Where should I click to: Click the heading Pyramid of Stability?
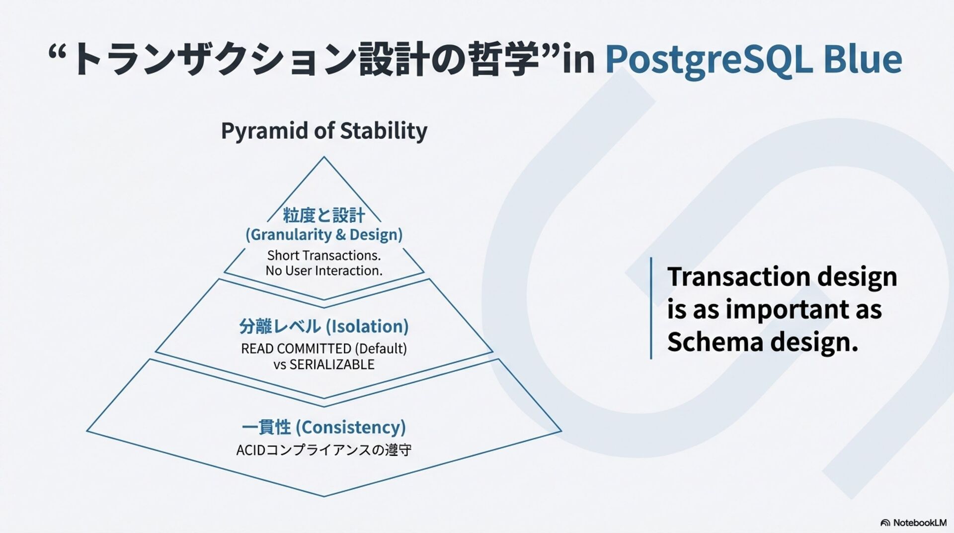click(324, 131)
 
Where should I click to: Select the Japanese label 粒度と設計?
click(324, 215)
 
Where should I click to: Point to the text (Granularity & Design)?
click(324, 234)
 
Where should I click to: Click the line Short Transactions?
click(324, 255)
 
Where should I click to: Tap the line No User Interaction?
click(324, 270)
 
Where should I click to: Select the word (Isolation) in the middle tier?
click(367, 326)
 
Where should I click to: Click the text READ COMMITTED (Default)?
click(324, 348)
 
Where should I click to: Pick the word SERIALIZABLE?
click(332, 364)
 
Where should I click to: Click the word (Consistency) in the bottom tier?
click(351, 427)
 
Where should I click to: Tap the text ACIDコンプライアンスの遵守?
click(324, 450)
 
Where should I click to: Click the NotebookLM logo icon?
click(885, 523)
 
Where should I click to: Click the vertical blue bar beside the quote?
click(651, 308)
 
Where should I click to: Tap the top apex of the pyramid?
click(324, 158)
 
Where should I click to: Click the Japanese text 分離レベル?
click(280, 326)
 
